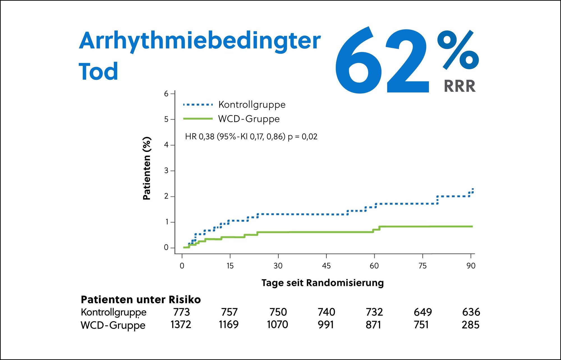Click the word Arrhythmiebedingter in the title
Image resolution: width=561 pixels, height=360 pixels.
[x=200, y=41]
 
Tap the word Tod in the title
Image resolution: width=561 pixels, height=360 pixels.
[x=98, y=72]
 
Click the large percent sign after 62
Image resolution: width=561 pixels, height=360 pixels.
[x=458, y=50]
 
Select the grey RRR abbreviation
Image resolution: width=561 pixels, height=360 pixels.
[x=459, y=86]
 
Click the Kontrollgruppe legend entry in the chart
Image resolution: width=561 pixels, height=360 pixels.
[x=252, y=105]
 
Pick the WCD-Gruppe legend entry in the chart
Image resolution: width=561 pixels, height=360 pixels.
[x=249, y=119]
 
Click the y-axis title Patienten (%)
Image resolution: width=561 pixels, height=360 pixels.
[x=147, y=168]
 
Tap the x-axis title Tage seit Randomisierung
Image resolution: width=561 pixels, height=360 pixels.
[x=323, y=283]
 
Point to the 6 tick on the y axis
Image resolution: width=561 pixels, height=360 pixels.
[x=166, y=94]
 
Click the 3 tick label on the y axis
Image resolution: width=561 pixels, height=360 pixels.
[x=166, y=171]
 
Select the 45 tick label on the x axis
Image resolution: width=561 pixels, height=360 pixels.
[x=326, y=266]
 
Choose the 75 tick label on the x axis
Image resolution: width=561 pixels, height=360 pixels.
[x=422, y=266]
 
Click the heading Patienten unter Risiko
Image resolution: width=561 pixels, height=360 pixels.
[x=141, y=300]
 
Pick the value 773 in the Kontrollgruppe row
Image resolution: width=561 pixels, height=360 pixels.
[x=181, y=312]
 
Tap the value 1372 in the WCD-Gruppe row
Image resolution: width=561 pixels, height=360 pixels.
[x=181, y=325]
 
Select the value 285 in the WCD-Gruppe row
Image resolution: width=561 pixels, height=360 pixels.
[x=471, y=325]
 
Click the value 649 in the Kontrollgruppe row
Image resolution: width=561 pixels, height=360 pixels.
[x=423, y=312]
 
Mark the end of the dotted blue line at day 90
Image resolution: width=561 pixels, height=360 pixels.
[x=473, y=189]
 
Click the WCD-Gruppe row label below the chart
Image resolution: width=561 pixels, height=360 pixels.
[x=113, y=325]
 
